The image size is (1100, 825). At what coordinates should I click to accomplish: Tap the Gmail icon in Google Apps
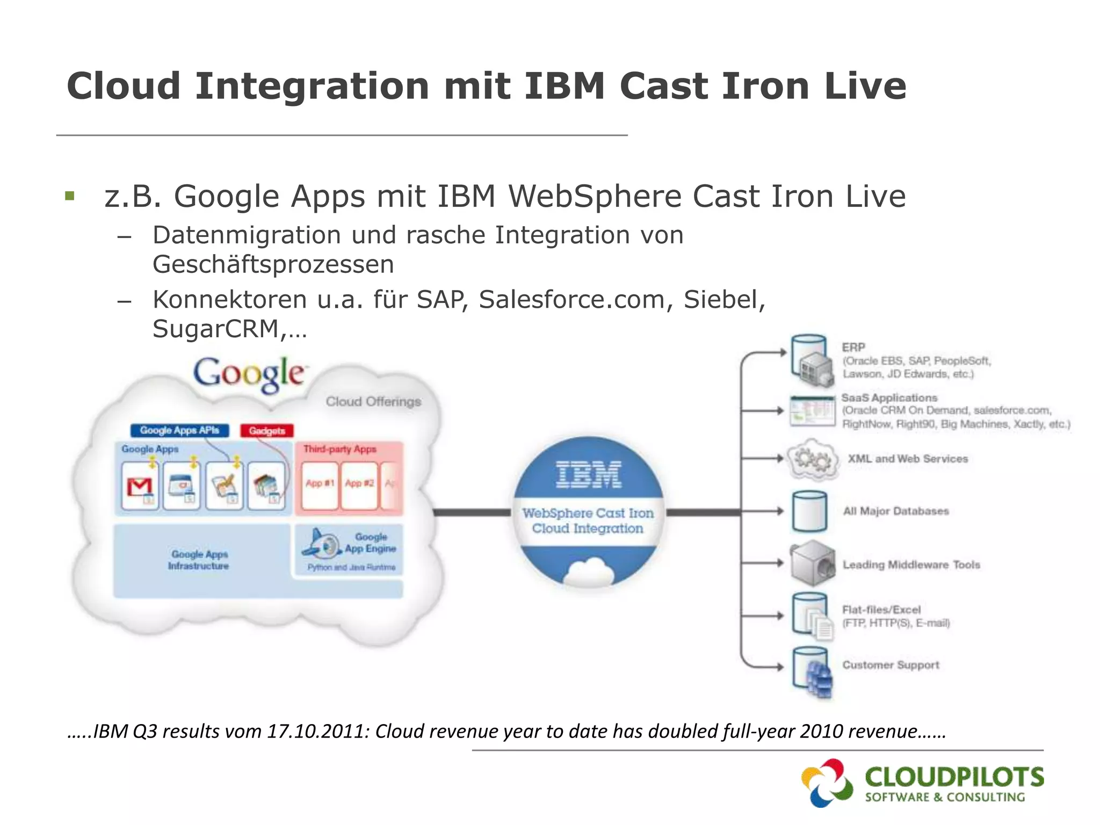click(140, 487)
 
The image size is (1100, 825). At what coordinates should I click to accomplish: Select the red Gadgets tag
click(267, 431)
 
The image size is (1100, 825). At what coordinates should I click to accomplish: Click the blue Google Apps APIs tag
click(179, 430)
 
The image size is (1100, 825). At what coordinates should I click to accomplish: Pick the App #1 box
click(320, 483)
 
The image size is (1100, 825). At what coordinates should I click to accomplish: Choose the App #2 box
click(359, 483)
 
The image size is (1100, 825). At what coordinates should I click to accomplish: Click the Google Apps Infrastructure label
click(199, 560)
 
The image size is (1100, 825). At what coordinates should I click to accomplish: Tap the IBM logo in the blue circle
click(589, 475)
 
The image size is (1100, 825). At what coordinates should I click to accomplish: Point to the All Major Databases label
click(896, 511)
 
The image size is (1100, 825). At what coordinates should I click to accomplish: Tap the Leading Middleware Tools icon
click(812, 563)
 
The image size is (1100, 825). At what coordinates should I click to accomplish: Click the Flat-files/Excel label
click(881, 610)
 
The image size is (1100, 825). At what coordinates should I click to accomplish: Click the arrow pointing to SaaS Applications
click(763, 411)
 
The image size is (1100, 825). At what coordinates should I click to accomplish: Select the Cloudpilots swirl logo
click(827, 783)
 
